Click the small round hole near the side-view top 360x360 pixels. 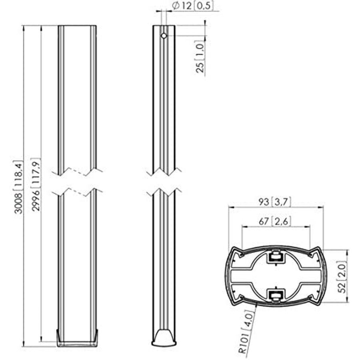164,36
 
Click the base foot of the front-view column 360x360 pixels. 78,341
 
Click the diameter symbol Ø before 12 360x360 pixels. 175,5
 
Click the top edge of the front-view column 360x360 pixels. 78,26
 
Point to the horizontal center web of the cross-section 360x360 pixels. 276,276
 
